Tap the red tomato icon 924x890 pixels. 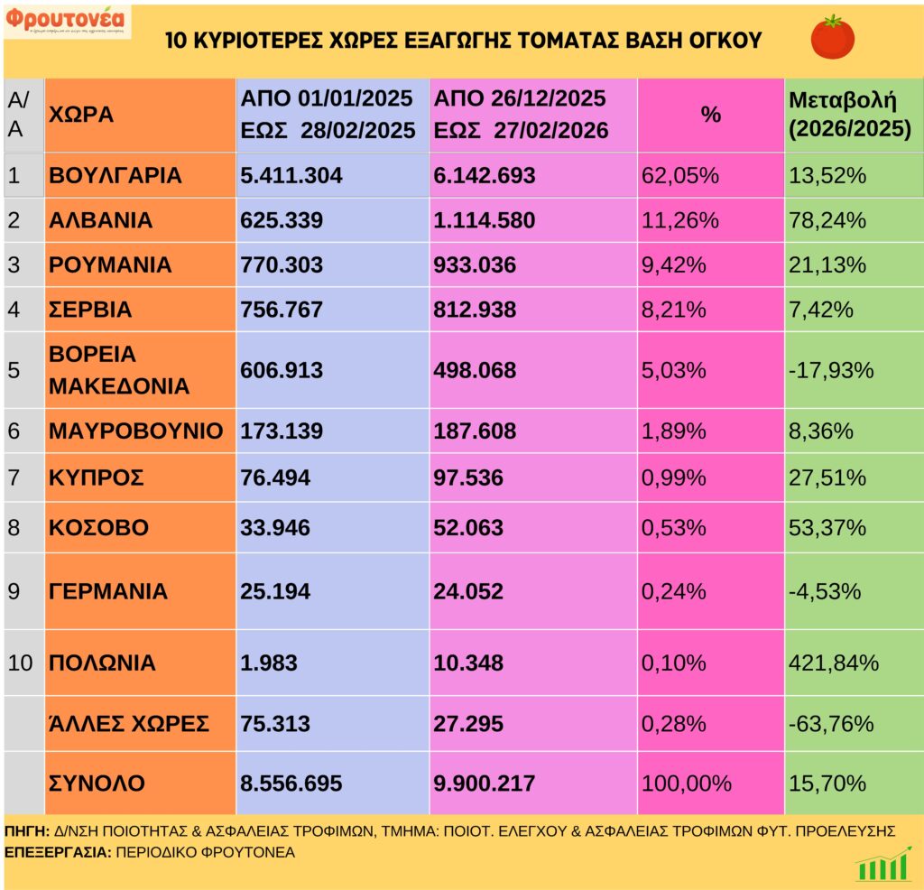pos(832,38)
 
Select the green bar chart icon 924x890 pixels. pos(882,865)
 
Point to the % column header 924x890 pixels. pos(711,116)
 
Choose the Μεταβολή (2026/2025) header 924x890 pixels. pos(849,115)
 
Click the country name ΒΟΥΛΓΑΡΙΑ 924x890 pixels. pos(115,175)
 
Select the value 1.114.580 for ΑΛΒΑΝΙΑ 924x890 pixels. pos(485,220)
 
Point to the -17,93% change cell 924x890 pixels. pos(831,370)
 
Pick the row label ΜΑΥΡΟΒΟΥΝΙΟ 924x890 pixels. pos(135,431)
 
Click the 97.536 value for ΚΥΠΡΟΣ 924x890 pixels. pos(468,477)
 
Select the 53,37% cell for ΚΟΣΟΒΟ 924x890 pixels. pos(827,527)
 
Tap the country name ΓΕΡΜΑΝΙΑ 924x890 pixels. pos(107,591)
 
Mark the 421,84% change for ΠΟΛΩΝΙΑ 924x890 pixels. pos(834,663)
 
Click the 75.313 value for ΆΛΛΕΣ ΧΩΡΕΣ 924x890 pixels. pos(275,723)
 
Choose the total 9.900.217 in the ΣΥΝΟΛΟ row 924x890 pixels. pos(485,783)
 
